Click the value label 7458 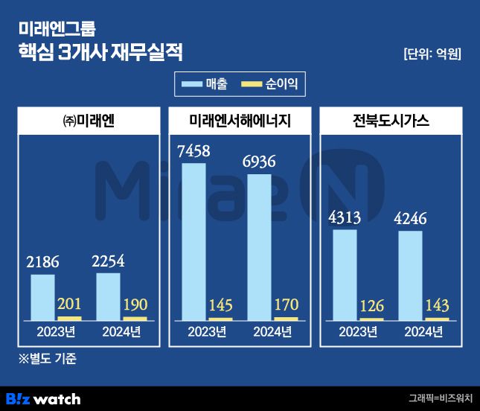click(193, 151)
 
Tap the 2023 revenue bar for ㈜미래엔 click(42, 297)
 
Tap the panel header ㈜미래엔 click(89, 121)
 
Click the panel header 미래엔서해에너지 click(240, 121)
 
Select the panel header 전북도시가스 click(391, 121)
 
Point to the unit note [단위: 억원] click(432, 54)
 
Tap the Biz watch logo click(43, 399)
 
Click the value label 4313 click(345, 218)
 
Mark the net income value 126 click(371, 305)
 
